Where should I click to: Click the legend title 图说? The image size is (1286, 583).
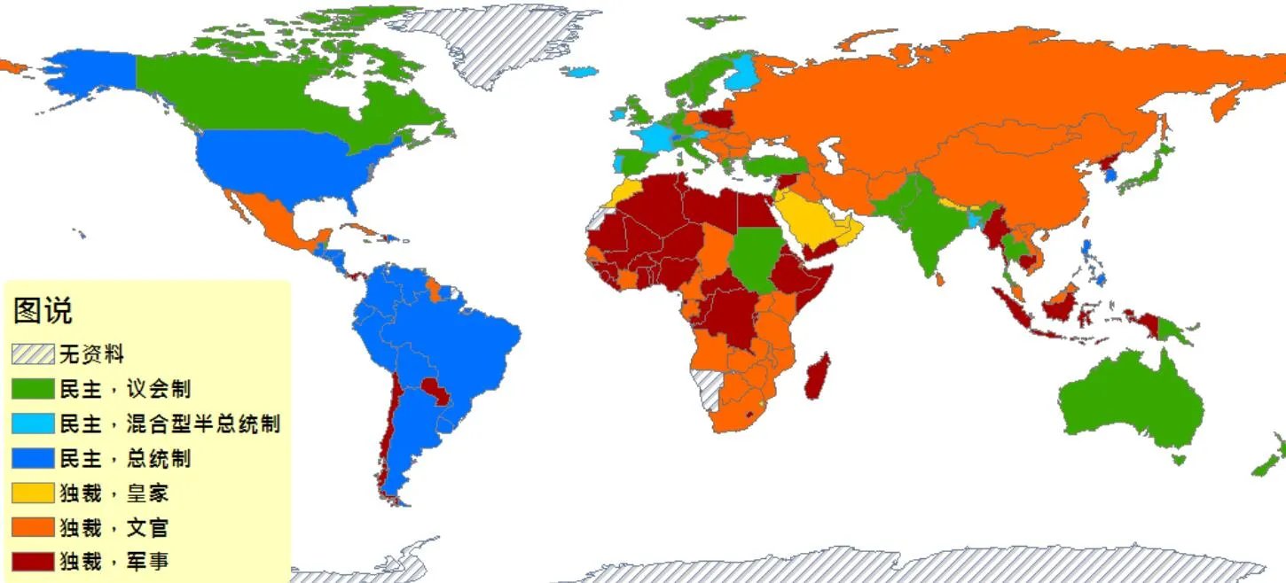click(43, 311)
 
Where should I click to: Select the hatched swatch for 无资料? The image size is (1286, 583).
click(33, 354)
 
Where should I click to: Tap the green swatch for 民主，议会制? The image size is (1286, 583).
click(33, 389)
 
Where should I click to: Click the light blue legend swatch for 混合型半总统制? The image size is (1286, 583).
click(33, 424)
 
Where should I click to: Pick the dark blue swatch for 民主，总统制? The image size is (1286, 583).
click(33, 458)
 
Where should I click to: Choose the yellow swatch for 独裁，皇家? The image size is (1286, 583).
click(33, 493)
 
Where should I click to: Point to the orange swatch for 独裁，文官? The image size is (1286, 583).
click(33, 527)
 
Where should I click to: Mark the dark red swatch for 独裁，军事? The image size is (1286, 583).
click(33, 561)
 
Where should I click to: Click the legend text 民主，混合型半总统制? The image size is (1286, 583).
click(169, 424)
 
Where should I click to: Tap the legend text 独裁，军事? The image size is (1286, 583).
click(114, 561)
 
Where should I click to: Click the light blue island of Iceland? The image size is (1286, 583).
click(581, 71)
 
